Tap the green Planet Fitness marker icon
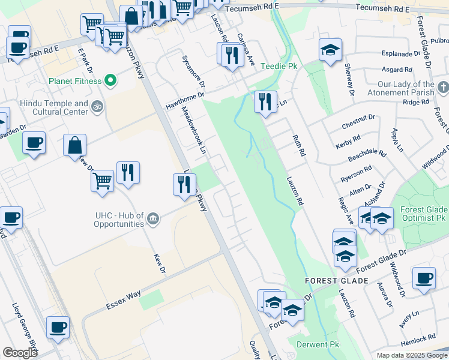click(x=110, y=80)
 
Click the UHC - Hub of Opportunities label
click(x=119, y=220)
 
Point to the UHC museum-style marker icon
click(x=154, y=218)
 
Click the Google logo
click(x=20, y=352)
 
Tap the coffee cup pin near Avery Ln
click(x=424, y=278)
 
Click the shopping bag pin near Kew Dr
click(x=75, y=145)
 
